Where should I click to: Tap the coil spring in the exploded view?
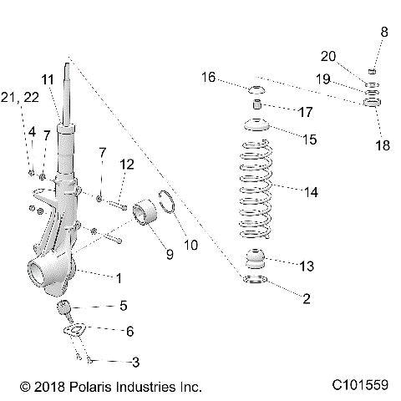tap(256, 188)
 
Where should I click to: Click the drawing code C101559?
tap(358, 388)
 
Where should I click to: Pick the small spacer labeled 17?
tap(257, 108)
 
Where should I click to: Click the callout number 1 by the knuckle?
tap(119, 275)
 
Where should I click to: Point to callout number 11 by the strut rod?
tap(48, 80)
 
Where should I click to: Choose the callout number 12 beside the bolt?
tap(126, 166)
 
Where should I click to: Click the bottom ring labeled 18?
tap(370, 104)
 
